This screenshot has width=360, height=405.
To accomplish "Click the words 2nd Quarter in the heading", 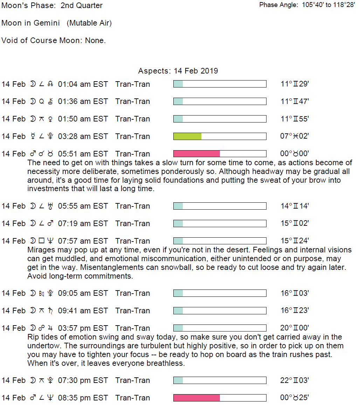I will [82, 6].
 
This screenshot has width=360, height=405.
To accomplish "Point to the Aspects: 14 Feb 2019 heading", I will [178, 71].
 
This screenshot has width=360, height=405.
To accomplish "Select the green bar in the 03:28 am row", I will [187, 136].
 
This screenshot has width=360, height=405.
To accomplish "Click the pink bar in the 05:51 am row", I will [196, 154].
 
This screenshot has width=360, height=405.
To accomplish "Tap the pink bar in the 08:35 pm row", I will [196, 398].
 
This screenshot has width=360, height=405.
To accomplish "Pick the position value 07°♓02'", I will [294, 136].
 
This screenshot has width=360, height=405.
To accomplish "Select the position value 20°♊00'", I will [294, 328].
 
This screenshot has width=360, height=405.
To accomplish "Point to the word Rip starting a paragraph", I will [33, 337].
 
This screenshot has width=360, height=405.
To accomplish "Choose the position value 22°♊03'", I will [294, 380].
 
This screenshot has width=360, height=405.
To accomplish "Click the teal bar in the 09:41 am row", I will [178, 310].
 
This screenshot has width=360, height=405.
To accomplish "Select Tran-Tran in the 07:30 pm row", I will [132, 380].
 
